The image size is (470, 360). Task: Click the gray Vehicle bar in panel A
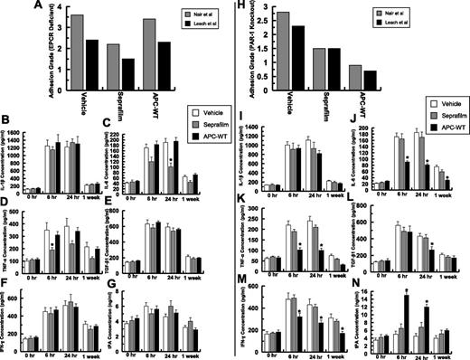coord(78,47)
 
